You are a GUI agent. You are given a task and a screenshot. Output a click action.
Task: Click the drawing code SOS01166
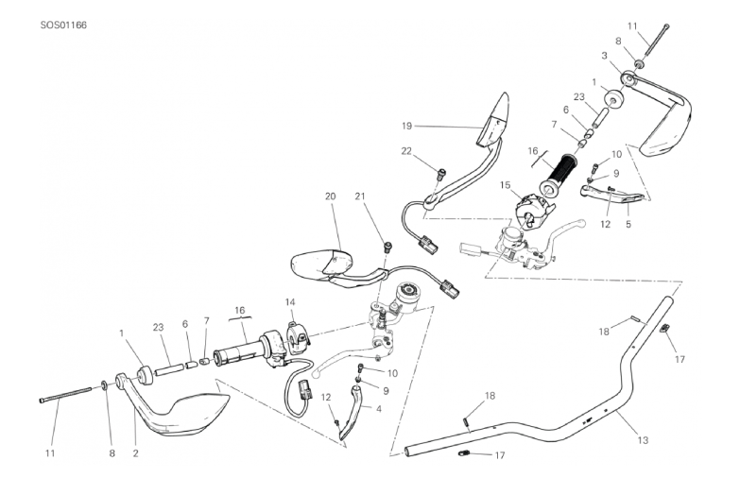63,25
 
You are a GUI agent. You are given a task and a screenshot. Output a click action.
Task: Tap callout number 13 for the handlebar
643,440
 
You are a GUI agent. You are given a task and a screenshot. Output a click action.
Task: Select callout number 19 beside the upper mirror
406,126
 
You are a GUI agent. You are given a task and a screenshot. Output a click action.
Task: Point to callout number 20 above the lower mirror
331,196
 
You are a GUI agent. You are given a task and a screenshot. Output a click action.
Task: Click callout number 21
360,196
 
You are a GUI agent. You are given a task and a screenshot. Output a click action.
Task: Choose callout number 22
406,151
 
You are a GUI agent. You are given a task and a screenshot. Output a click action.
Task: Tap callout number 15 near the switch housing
506,185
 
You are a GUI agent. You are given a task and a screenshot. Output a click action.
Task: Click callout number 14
290,301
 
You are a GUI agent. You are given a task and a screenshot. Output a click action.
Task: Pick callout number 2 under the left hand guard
135,453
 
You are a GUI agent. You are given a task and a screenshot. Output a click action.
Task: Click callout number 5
628,224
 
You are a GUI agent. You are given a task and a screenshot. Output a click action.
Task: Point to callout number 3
604,56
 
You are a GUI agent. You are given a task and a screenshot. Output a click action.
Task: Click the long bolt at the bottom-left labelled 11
65,395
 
